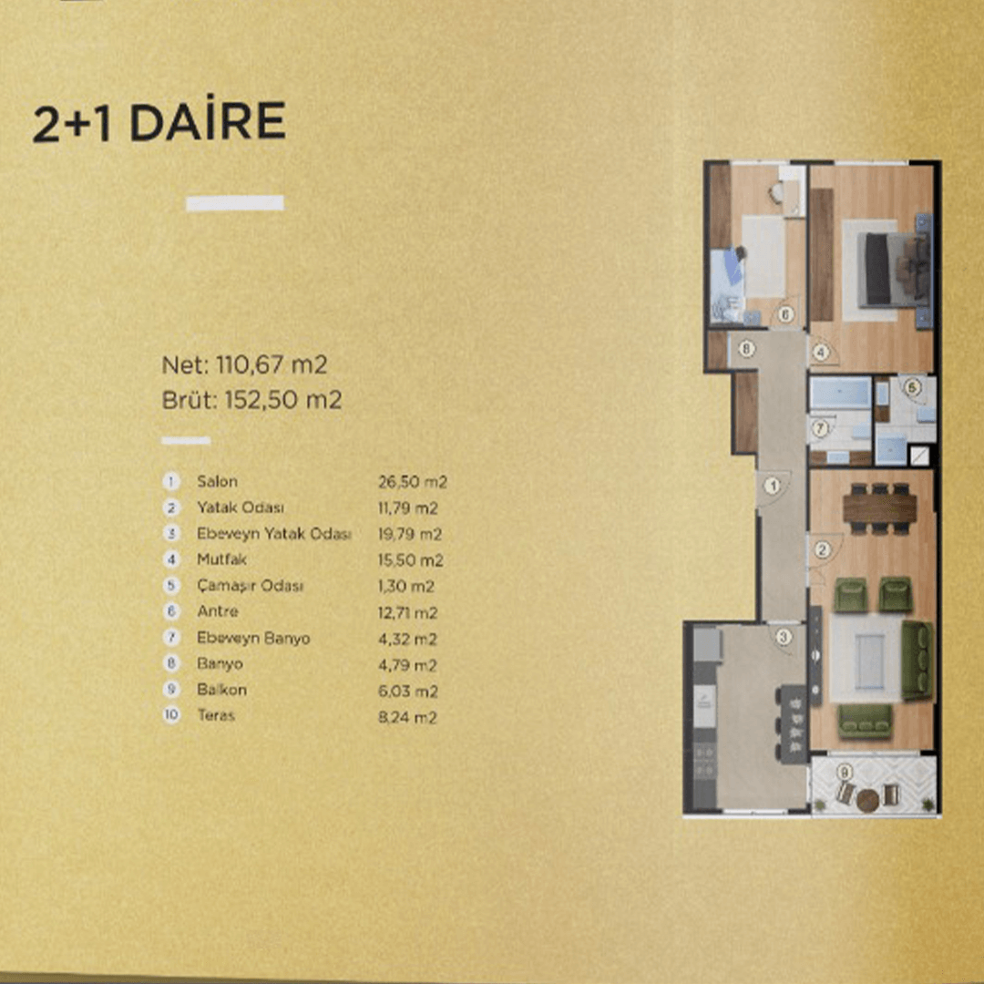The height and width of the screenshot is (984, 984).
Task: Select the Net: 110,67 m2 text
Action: click(245, 364)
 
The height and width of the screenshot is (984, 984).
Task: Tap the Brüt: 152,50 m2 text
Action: click(251, 400)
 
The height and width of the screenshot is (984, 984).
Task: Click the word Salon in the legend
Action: click(217, 481)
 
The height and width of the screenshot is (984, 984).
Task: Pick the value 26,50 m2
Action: click(413, 482)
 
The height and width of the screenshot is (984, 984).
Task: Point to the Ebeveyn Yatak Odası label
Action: click(273, 533)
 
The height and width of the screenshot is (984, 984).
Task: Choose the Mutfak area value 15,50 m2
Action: click(410, 559)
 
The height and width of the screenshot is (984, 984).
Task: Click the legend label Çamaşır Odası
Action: click(250, 586)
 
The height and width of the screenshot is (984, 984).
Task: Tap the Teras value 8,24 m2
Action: click(407, 717)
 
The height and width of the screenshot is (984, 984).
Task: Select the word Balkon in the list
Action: click(221, 690)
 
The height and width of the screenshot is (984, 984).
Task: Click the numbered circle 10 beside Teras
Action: click(171, 715)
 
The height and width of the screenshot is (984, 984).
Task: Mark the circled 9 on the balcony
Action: click(845, 772)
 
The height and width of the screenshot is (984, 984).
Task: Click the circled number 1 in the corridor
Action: click(773, 486)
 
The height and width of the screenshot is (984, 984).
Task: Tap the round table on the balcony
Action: click(868, 800)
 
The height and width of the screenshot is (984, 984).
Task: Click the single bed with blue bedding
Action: click(727, 285)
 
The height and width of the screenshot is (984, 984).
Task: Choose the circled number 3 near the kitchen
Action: click(784, 638)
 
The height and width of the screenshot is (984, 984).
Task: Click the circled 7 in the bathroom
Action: click(820, 428)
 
